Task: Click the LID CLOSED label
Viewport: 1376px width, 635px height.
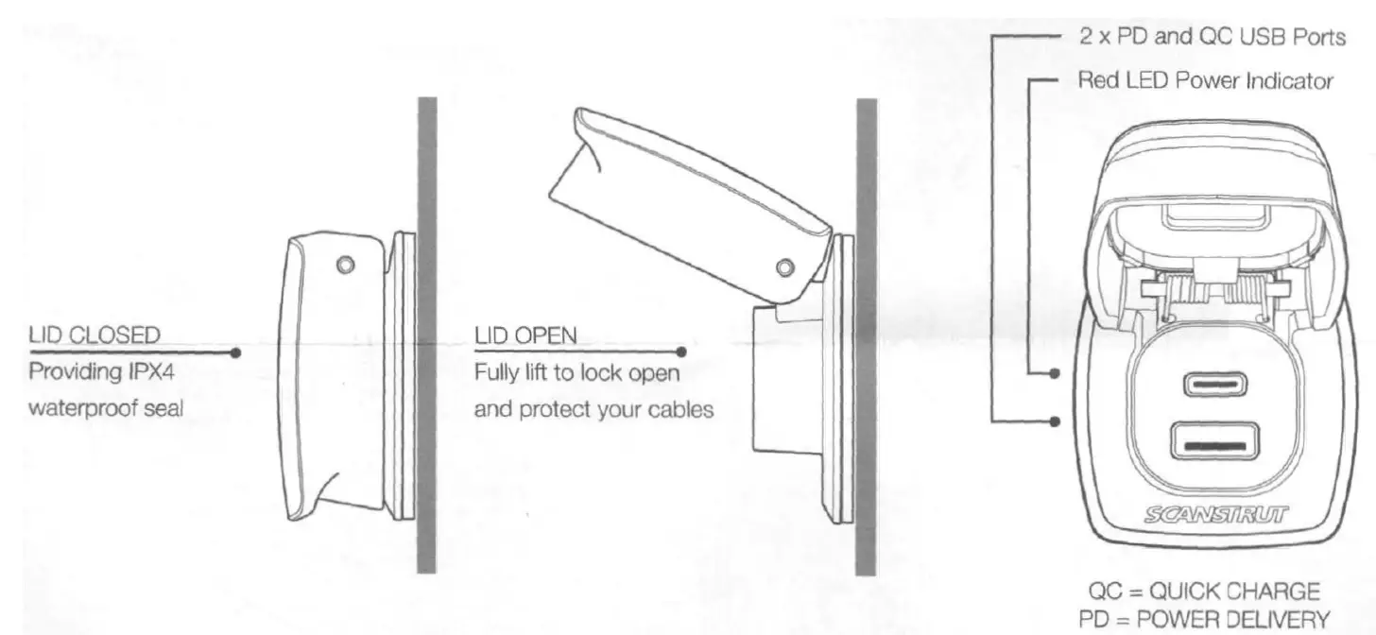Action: pos(95,335)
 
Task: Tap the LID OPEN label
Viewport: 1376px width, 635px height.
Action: pos(525,335)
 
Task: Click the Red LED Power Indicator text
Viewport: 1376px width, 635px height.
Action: pos(1205,80)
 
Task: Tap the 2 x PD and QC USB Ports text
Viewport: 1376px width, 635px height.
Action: pos(1212,38)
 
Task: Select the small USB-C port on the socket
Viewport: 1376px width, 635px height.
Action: pos(1213,385)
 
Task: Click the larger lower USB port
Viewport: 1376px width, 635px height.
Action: pos(1213,442)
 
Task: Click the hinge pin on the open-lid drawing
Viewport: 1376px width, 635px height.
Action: pos(783,266)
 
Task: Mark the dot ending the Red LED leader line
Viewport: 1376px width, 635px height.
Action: pos(1055,374)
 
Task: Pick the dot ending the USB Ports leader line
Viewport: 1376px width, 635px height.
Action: pos(1055,420)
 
